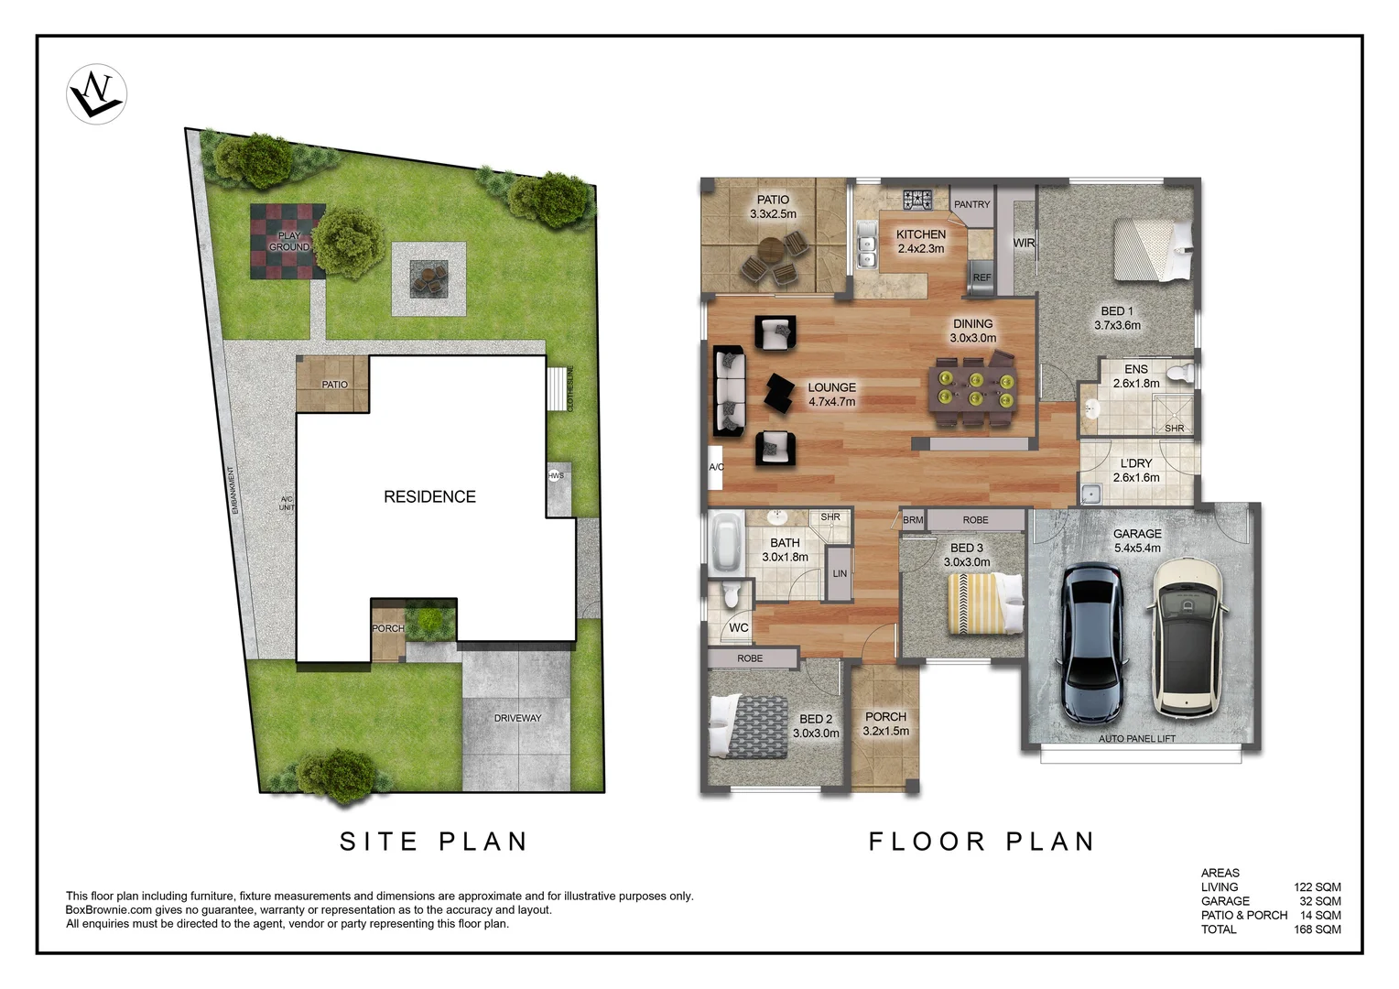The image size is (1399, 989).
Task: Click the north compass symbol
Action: pos(97,94)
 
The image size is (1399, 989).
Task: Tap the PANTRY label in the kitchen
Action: pos(971,204)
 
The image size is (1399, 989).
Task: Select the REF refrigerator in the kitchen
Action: pos(981,277)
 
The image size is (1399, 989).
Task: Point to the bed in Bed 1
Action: pos(1153,250)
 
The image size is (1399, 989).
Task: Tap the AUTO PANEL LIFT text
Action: pos(1136,738)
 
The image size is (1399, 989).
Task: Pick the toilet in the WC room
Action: pos(731,595)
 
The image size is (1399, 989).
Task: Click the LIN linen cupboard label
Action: pos(840,574)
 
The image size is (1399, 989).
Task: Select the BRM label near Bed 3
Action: pos(913,520)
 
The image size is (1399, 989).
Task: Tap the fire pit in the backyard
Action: pos(428,278)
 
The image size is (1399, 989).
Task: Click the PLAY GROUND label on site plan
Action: pos(288,241)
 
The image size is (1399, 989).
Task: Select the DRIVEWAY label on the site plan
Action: pos(517,718)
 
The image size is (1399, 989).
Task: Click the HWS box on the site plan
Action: pos(556,476)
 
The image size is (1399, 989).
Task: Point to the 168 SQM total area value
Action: pos(1317,929)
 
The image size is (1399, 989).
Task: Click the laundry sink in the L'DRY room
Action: pos(1090,494)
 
